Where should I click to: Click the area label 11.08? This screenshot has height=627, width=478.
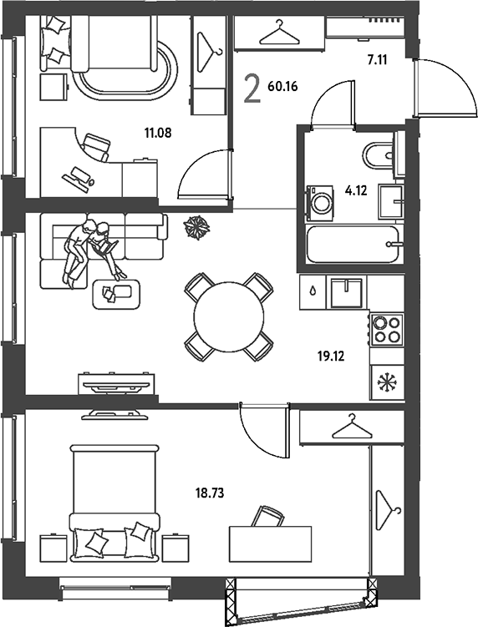(x=158, y=133)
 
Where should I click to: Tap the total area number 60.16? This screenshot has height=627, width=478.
(x=282, y=86)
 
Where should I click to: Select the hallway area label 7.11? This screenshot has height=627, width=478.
(x=377, y=60)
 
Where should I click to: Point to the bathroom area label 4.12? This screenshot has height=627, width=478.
(x=356, y=190)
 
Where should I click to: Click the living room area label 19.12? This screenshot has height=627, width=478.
(x=331, y=356)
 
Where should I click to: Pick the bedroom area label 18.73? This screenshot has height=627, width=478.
(x=210, y=493)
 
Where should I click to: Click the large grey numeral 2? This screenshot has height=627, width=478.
(x=252, y=89)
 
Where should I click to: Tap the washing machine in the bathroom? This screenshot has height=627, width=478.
(x=320, y=203)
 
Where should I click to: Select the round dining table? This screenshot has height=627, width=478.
(x=229, y=316)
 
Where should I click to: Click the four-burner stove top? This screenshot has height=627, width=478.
(x=387, y=330)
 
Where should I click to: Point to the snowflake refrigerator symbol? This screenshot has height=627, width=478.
(x=387, y=382)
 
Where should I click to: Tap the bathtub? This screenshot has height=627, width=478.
(x=353, y=244)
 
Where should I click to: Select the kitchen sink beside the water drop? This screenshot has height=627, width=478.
(x=346, y=293)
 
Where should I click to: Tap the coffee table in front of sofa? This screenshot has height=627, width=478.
(x=116, y=295)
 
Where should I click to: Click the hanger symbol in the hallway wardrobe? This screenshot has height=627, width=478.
(x=279, y=34)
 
